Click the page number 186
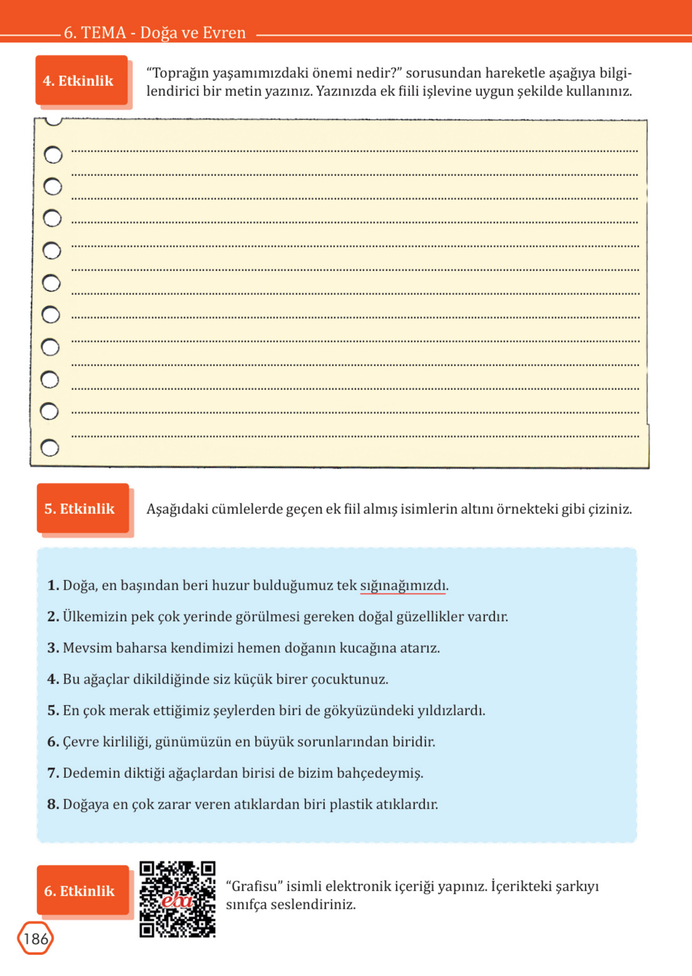coord(35,938)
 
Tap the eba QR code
coord(177,899)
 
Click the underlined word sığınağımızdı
coord(403,585)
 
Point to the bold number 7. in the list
coord(53,773)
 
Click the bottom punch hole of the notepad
coord(50,448)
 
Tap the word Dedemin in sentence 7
coord(91,773)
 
